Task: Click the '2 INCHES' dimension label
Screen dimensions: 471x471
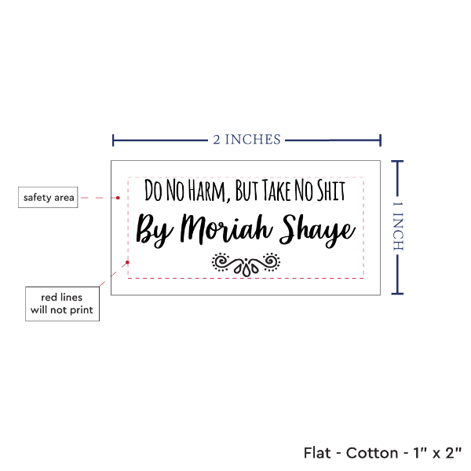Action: coord(246,140)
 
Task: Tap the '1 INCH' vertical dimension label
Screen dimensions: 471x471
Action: coord(398,226)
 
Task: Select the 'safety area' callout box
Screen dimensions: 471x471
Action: coord(49,198)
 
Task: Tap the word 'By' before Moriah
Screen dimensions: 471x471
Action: coord(155,230)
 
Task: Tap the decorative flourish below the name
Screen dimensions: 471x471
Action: coord(246,264)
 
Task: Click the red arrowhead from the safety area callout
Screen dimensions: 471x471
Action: coord(123,198)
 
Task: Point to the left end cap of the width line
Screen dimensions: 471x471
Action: coord(114,141)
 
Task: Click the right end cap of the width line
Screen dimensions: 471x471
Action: coord(382,141)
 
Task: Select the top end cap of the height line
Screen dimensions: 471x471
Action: coord(398,161)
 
